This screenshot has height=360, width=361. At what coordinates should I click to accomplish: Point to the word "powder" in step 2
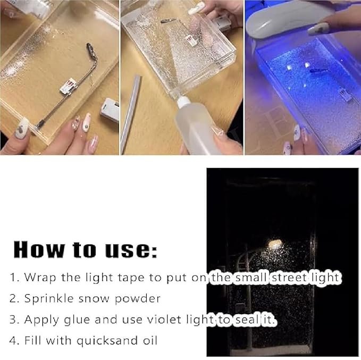pos(140,298)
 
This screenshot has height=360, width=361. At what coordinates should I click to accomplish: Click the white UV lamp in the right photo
pos(276,19)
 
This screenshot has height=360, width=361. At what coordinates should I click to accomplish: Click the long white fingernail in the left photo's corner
pos(23,128)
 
